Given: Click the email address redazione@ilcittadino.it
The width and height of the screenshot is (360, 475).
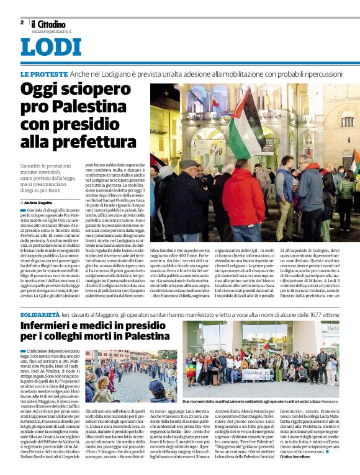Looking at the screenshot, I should click(52, 30).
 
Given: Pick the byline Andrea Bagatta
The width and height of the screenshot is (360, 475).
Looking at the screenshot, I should click(38, 203).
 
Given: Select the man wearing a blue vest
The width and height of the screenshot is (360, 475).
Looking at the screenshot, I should click(286, 183).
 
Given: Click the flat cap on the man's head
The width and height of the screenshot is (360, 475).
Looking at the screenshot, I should click(189, 164).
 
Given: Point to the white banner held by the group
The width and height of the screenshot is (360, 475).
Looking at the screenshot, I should click(258, 374).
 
